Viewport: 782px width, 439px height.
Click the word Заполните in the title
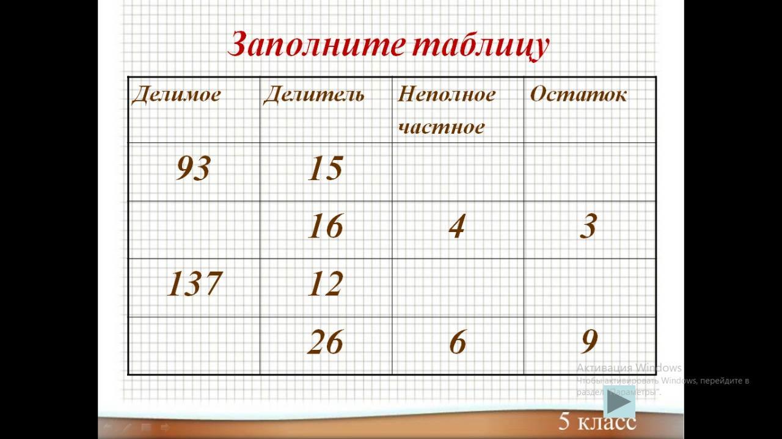pos(316,45)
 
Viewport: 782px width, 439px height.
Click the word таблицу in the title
pos(481,45)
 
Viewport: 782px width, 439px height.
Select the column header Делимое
pos(177,94)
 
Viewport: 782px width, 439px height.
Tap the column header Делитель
pos(314,94)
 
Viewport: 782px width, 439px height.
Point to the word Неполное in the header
pos(447,94)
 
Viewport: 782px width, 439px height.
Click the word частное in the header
pos(441,126)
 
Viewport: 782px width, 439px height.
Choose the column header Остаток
pos(579,94)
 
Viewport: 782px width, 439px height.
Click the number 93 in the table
pos(194,168)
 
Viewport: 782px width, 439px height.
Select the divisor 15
pos(326,168)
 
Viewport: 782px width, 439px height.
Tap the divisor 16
pos(326,226)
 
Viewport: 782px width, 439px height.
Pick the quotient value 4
pos(458,226)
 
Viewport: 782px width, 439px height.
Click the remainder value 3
pos(588,226)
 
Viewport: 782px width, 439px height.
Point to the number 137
pos(194,283)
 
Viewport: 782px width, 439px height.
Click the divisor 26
pos(326,342)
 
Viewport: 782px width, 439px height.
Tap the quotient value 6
pos(458,342)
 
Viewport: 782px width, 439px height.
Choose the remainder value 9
pos(590,342)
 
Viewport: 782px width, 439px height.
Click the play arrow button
pos(619,402)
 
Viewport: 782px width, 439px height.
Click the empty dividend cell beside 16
pos(194,230)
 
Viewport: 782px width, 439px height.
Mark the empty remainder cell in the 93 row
pos(590,172)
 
